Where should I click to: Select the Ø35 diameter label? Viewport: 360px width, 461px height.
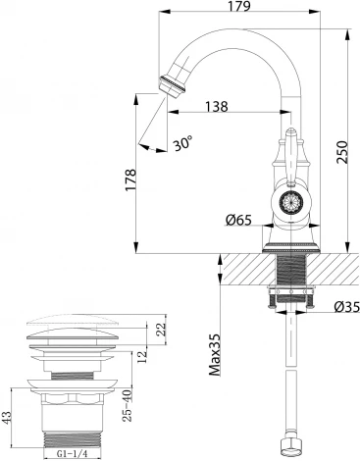344,307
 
